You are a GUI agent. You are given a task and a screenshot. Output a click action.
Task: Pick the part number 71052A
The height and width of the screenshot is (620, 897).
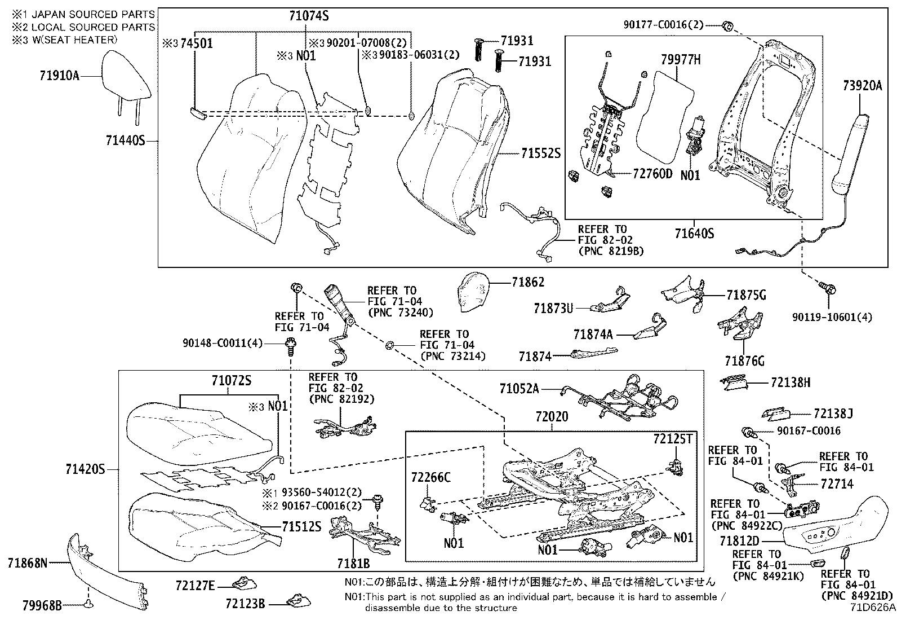519,388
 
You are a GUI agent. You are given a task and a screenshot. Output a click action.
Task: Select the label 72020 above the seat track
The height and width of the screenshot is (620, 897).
552,416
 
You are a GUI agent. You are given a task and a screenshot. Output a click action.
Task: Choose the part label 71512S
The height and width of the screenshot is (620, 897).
301,527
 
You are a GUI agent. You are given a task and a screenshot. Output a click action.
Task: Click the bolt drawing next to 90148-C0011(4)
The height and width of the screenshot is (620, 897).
291,344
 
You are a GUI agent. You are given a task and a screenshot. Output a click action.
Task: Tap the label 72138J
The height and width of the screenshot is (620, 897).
833,414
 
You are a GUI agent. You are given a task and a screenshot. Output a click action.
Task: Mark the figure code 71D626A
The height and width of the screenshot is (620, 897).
873,608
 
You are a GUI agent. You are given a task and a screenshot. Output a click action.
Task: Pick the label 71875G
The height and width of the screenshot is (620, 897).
745,295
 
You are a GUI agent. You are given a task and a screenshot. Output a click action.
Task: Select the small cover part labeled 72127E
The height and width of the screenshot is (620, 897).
245,583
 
